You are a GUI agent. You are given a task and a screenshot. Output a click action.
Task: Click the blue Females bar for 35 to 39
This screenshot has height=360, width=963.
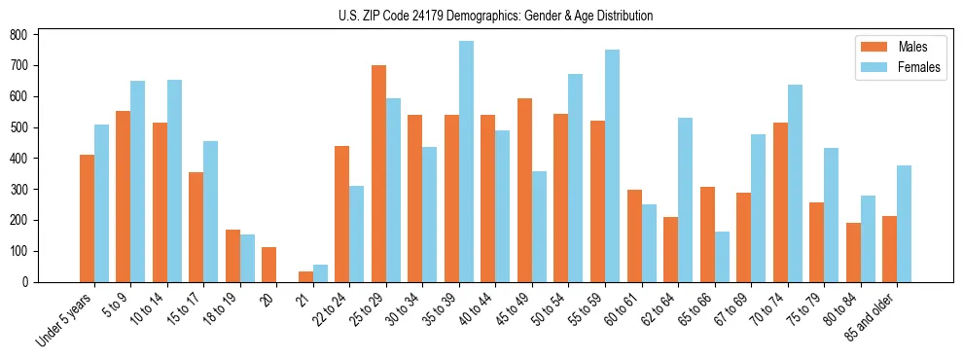point(466,162)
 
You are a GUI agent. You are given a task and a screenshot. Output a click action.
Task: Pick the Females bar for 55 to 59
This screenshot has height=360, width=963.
point(612,165)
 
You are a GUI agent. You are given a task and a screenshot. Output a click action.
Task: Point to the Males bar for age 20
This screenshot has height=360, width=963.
point(269,265)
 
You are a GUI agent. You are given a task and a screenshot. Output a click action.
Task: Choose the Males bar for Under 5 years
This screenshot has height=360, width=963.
point(87,218)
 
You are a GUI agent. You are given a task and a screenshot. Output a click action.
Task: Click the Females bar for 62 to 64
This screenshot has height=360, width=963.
point(685,199)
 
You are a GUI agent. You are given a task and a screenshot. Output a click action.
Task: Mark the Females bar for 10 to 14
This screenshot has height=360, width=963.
point(174,181)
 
